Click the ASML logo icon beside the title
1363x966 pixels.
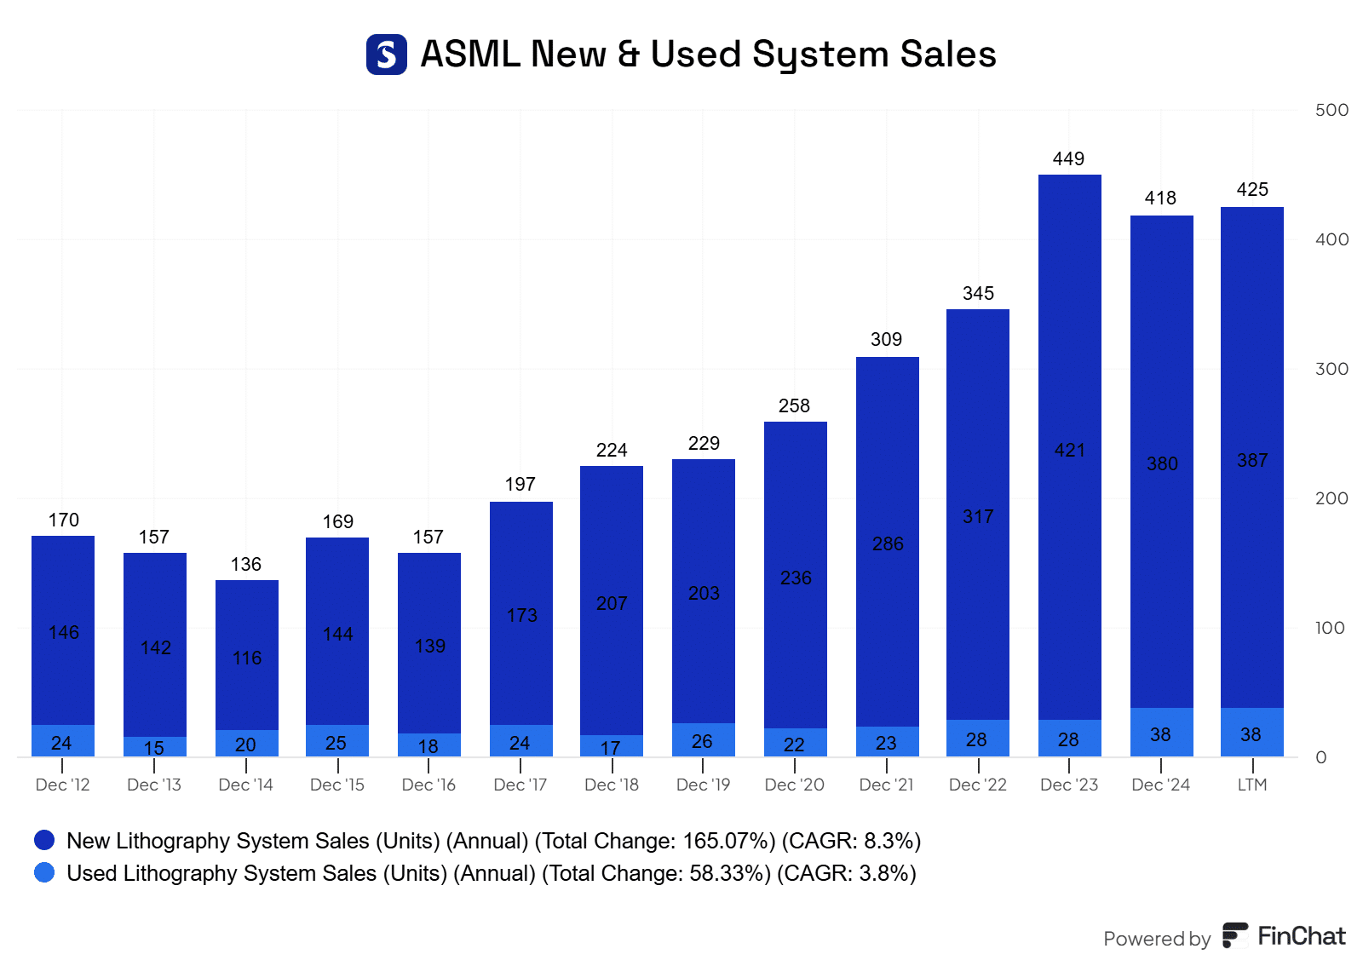tap(386, 55)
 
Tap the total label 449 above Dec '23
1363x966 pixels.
tap(1068, 159)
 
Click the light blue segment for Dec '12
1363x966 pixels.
tap(62, 741)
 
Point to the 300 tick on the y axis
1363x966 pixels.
tap(1331, 369)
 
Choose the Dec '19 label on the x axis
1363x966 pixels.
tap(703, 785)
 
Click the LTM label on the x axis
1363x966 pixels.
tap(1251, 785)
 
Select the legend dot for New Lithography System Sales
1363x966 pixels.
tap(44, 841)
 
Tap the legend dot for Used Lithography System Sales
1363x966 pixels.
tap(44, 873)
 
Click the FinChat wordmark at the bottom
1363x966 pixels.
tap(1301, 936)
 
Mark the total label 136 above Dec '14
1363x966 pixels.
tap(246, 565)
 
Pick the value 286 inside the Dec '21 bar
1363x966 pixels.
tap(888, 544)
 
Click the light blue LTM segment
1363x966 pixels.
tap(1251, 733)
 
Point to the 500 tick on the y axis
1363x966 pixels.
tap(1331, 110)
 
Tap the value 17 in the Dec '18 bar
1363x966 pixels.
tap(611, 748)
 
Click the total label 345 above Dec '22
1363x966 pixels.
tap(978, 294)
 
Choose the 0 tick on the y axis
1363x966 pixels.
tap(1321, 757)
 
